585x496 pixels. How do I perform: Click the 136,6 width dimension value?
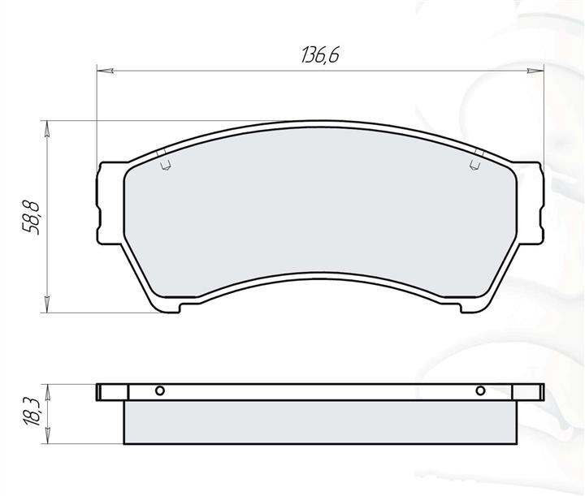pyautogui.click(x=320, y=55)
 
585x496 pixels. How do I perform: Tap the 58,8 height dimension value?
pyautogui.click(x=31, y=218)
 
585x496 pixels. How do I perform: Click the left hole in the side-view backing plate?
pyautogui.click(x=160, y=391)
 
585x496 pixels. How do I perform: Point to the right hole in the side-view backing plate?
pyautogui.click(x=480, y=391)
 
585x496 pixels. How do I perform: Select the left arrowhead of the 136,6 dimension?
pyautogui.click(x=105, y=70)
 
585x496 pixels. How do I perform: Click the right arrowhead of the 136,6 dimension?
pyautogui.click(x=535, y=70)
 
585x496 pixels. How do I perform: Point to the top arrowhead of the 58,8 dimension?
pyautogui.click(x=46, y=129)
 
